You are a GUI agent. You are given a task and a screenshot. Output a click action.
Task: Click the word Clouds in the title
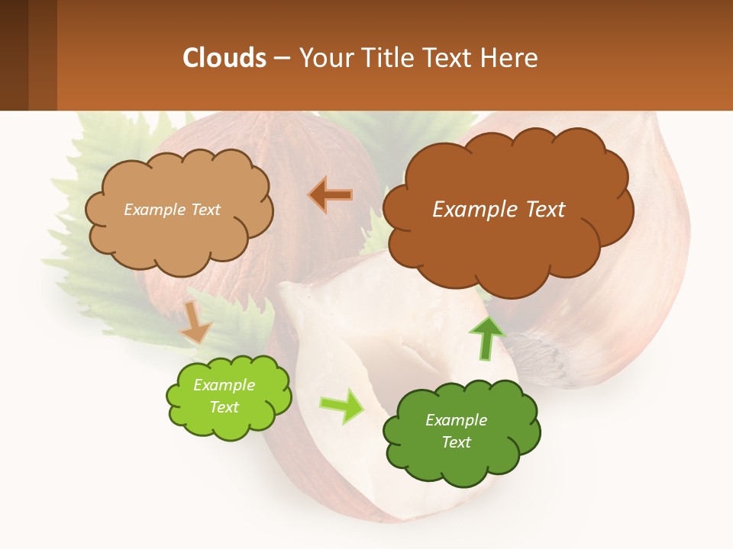pyautogui.click(x=224, y=58)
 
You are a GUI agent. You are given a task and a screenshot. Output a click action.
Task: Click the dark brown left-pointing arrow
pyautogui.click(x=331, y=195)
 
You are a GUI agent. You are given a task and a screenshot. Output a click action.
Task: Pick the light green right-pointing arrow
pyautogui.click(x=341, y=406)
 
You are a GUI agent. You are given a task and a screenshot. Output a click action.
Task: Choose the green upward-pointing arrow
pyautogui.click(x=487, y=336)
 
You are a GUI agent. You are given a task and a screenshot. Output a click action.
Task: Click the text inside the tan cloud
pyautogui.click(x=172, y=210)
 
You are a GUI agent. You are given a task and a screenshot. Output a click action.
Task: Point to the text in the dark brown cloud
pyautogui.click(x=499, y=210)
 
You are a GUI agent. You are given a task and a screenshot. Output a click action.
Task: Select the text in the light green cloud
pyautogui.click(x=224, y=396)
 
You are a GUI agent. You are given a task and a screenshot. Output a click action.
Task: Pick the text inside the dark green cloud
pyautogui.click(x=456, y=431)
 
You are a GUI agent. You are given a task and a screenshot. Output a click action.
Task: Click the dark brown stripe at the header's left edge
pyautogui.click(x=14, y=55)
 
